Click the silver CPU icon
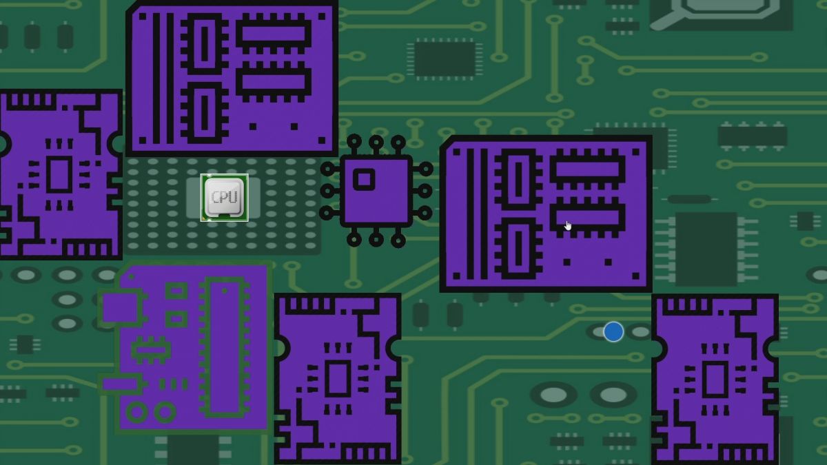coord(225,198)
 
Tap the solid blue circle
coord(613,331)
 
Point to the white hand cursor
coord(568,225)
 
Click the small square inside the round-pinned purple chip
coord(364,180)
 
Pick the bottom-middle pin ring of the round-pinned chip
coord(376,240)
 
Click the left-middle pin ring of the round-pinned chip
coord(327,192)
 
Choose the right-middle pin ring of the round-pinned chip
coord(425,192)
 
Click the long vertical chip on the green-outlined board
coord(224,348)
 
